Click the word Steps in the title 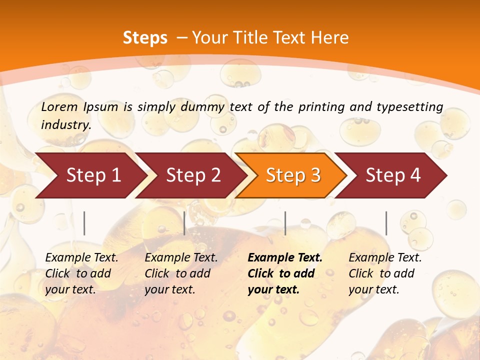pyautogui.click(x=145, y=38)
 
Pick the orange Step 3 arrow pyautogui.click(x=293, y=175)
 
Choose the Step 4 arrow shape pyautogui.click(x=393, y=175)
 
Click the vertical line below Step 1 pyautogui.click(x=84, y=223)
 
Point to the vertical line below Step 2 pyautogui.click(x=184, y=223)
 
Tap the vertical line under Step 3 pyautogui.click(x=285, y=223)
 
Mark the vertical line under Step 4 pyautogui.click(x=386, y=223)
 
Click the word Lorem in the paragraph pyautogui.click(x=59, y=106)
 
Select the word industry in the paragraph pyautogui.click(x=65, y=124)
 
